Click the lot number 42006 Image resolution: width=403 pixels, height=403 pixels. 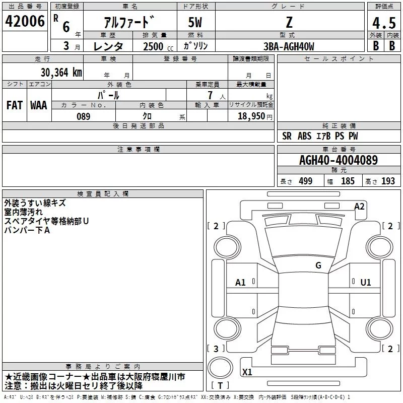coord(25,21)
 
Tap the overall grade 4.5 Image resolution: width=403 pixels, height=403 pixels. coord(384,23)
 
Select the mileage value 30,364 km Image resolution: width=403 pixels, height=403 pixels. coord(61,73)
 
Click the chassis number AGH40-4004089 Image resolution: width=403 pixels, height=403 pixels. coord(339,160)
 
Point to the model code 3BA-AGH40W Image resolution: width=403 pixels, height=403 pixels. coord(289,46)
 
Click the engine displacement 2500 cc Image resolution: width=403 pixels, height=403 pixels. coord(158,46)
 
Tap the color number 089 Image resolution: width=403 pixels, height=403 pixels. coord(84,116)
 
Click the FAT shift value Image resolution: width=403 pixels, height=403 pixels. coord(15,105)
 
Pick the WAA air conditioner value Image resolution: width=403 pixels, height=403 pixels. coord(39,105)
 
